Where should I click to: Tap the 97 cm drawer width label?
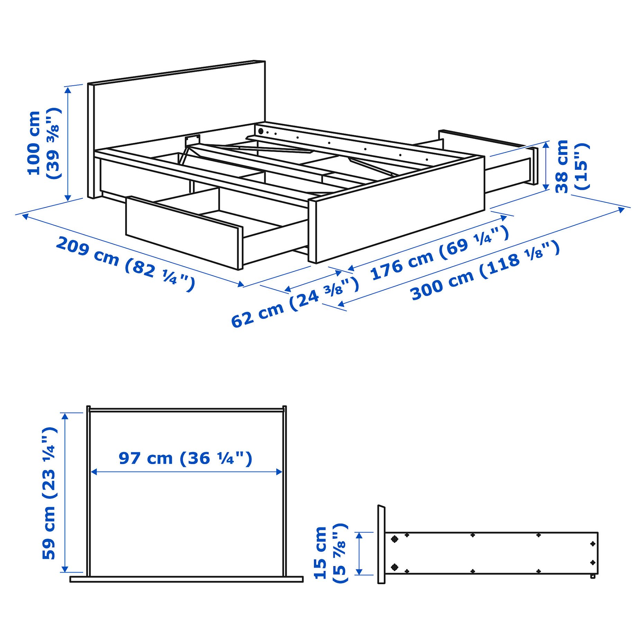point(185,458)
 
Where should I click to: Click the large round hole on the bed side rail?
point(261,131)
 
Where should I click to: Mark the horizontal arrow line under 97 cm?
point(186,472)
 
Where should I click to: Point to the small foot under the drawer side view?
point(593,576)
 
